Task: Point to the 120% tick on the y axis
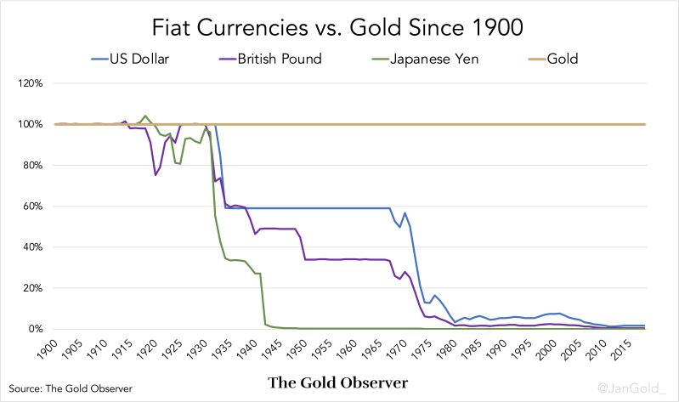point(30,83)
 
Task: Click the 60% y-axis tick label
point(31,207)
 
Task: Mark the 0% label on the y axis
point(35,329)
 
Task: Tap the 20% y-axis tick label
point(31,288)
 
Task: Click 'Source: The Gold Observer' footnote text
point(71,388)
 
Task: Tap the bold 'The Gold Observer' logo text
point(338,382)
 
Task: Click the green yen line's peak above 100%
point(145,116)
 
